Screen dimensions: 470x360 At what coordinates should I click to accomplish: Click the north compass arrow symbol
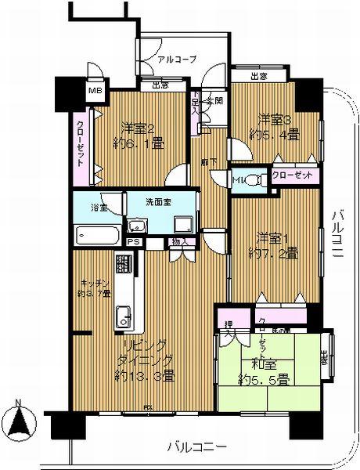(23, 424)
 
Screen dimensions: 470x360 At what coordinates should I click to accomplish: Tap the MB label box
(94, 91)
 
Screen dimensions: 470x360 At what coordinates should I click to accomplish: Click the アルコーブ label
(175, 59)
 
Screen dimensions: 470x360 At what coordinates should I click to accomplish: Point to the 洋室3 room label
(275, 119)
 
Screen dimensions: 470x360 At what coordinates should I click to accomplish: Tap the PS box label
(133, 243)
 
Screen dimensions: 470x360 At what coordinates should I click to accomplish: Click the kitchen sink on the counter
(124, 317)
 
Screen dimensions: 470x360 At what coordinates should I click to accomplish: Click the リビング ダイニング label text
(141, 352)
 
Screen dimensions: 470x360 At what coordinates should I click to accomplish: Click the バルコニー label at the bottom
(196, 447)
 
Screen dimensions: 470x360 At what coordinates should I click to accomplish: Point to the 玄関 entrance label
(213, 100)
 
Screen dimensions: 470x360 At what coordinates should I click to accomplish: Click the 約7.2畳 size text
(271, 253)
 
